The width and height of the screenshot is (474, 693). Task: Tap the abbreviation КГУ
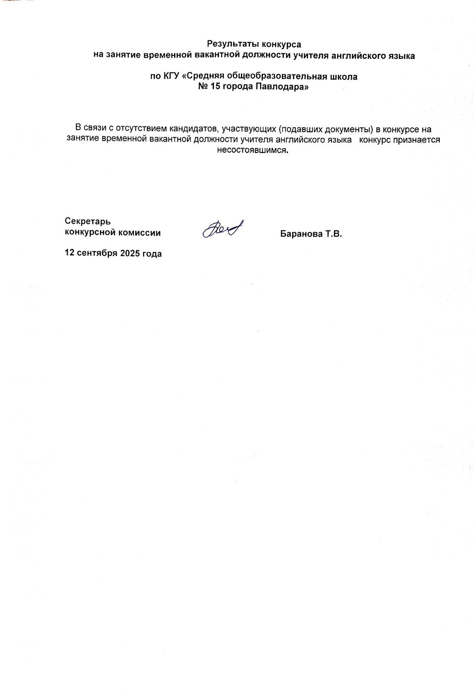pos(171,77)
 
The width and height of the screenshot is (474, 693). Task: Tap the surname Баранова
pos(300,234)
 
